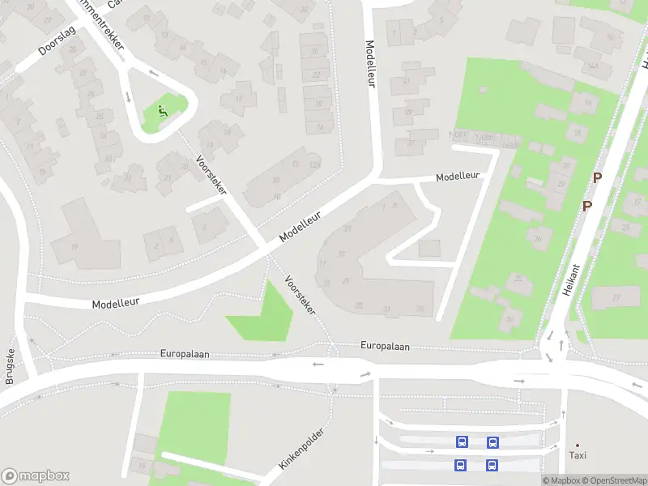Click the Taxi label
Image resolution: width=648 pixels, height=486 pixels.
click(578, 455)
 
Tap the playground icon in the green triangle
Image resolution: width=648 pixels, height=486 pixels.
click(162, 111)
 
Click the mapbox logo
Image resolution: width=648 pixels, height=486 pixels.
click(36, 476)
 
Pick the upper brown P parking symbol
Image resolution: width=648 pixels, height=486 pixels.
click(598, 177)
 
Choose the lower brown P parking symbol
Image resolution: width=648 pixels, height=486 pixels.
click(587, 206)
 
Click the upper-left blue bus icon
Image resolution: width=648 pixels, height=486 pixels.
click(462, 442)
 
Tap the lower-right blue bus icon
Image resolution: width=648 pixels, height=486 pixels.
click(492, 465)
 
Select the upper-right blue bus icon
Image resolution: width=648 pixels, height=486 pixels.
click(492, 442)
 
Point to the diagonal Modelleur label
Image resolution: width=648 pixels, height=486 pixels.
click(301, 227)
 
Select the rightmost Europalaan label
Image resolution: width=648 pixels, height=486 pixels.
click(386, 347)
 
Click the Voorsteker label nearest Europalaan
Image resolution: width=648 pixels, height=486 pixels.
click(300, 295)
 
